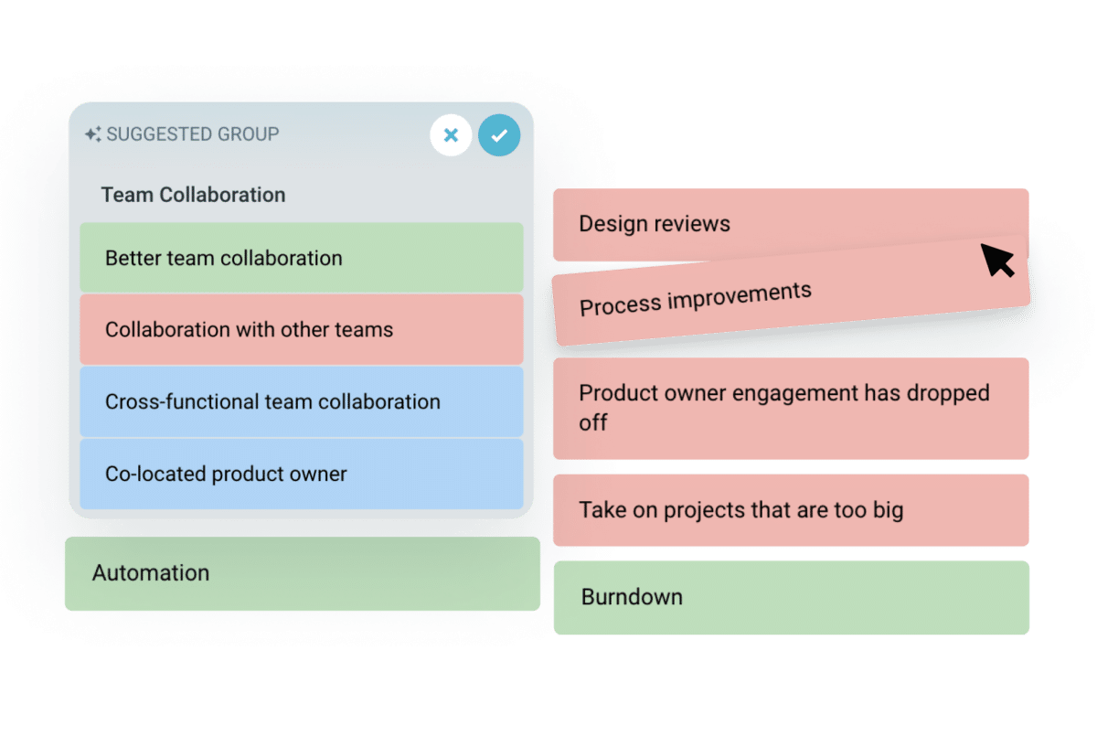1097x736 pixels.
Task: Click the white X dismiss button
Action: click(x=451, y=135)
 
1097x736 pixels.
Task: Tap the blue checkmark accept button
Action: click(x=498, y=135)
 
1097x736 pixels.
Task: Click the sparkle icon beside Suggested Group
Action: click(x=92, y=134)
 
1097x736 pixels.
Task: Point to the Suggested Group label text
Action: click(x=193, y=134)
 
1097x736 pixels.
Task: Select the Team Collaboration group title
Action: click(x=193, y=195)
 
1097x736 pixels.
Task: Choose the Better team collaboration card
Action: click(x=301, y=258)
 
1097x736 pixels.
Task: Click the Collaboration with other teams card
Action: click(x=301, y=329)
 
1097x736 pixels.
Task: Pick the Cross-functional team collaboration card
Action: click(x=301, y=401)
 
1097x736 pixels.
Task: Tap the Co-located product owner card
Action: click(x=301, y=474)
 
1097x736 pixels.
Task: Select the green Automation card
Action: click(x=302, y=573)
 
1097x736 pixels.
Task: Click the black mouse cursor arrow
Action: click(x=997, y=260)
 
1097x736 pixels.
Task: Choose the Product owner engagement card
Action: click(x=791, y=408)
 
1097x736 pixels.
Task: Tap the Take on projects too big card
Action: click(x=791, y=510)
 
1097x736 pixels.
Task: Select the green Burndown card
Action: click(x=791, y=597)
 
